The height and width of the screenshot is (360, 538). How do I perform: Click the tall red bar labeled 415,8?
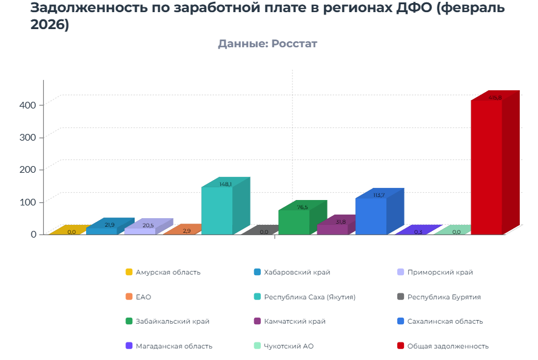486,167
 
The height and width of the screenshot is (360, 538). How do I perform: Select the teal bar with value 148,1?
217,210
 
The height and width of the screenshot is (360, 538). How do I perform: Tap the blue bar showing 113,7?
371,216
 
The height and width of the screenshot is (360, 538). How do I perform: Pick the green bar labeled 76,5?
294,222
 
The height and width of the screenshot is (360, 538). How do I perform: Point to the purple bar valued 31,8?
332,228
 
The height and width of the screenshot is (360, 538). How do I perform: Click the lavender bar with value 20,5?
140,230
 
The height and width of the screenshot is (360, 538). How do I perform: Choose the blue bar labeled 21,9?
101,230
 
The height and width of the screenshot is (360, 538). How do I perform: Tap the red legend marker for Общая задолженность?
400,346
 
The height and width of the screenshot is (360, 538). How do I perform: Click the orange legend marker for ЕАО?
129,297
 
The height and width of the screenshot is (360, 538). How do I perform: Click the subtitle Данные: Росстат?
267,44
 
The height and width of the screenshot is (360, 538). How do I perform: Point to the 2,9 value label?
186,231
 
